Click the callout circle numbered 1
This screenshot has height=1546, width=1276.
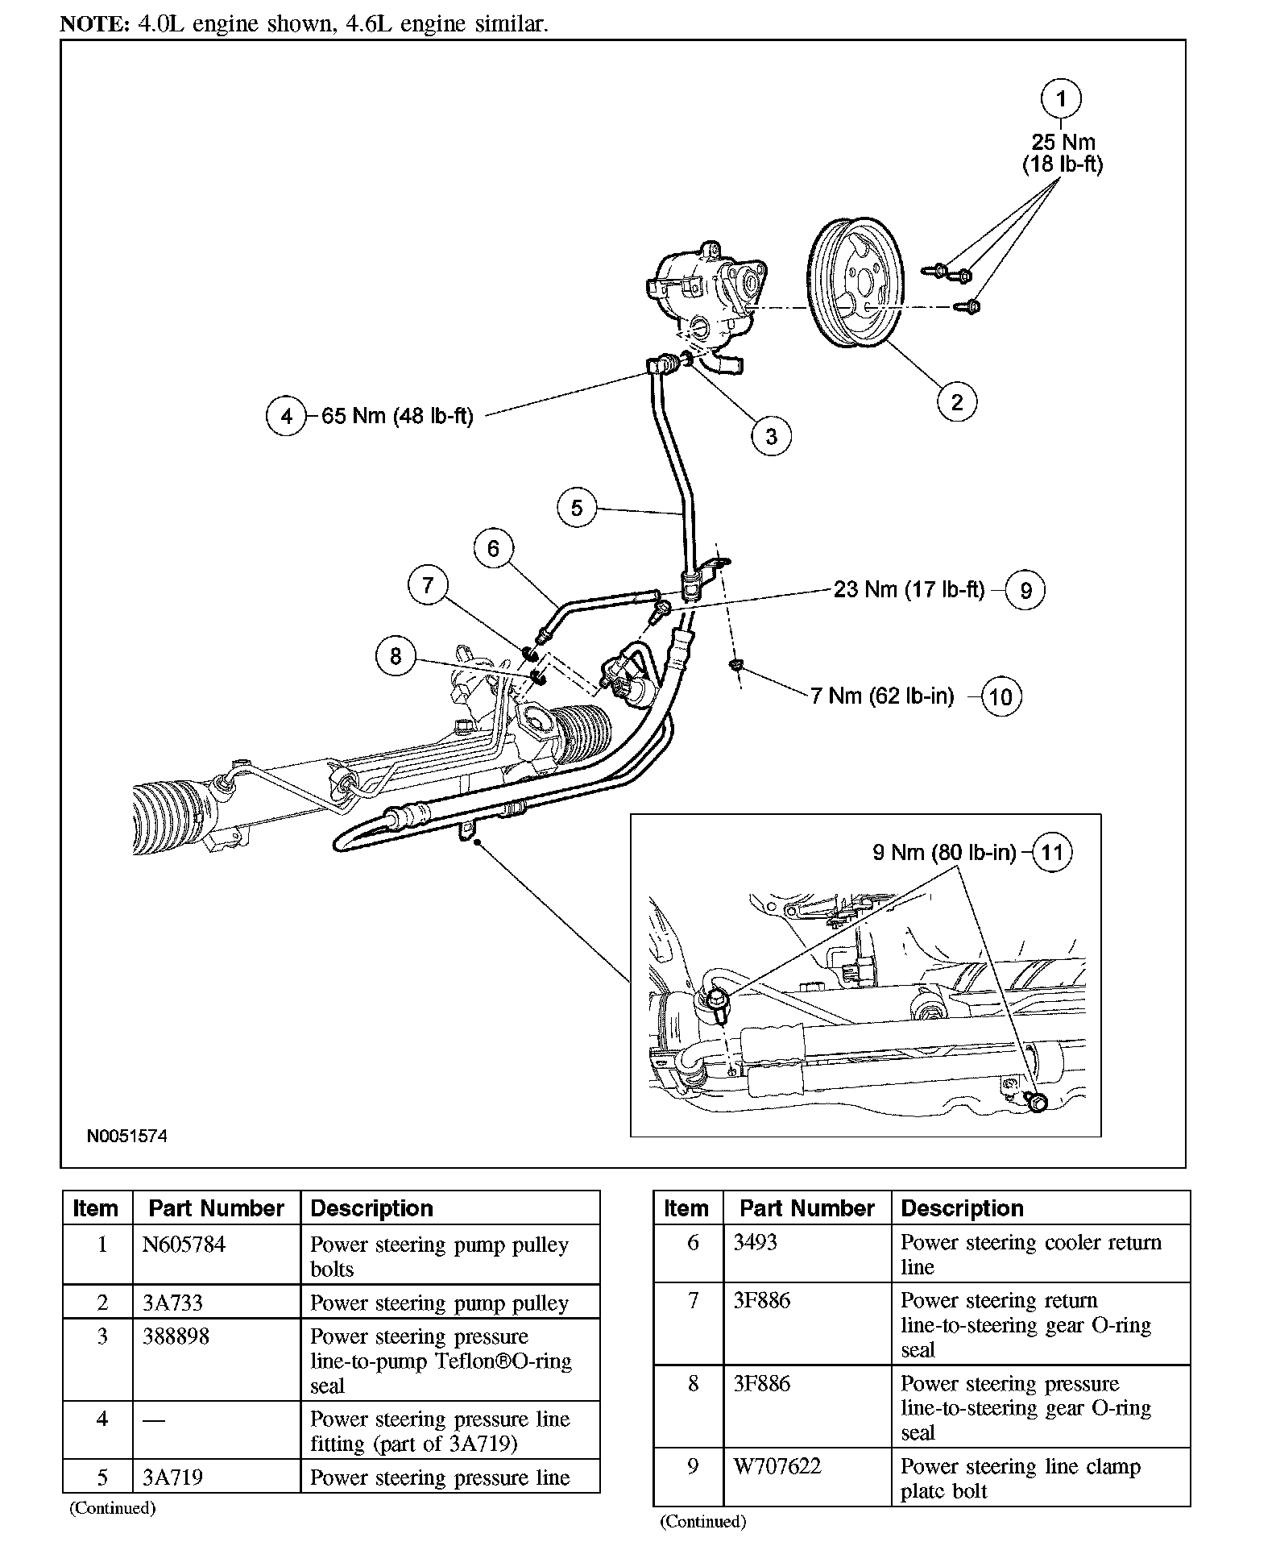1061,99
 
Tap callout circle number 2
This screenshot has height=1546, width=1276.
957,401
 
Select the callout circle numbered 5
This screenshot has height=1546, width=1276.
577,508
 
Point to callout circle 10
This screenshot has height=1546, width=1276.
1000,696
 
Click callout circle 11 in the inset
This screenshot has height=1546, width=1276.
1053,852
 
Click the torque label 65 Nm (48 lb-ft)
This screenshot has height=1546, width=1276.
397,416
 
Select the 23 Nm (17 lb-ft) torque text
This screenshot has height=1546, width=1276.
909,589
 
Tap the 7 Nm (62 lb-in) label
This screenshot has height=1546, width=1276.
882,696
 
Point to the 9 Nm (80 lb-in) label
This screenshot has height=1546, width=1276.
944,852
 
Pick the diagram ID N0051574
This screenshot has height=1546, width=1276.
127,1137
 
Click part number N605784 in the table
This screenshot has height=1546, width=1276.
184,1245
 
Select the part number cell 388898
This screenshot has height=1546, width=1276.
176,1336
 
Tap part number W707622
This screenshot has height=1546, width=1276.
777,1466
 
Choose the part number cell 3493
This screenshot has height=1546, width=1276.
755,1242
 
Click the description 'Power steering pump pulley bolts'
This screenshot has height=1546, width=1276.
439,1256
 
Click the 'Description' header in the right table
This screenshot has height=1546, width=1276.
962,1208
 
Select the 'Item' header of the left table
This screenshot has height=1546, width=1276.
95,1208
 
